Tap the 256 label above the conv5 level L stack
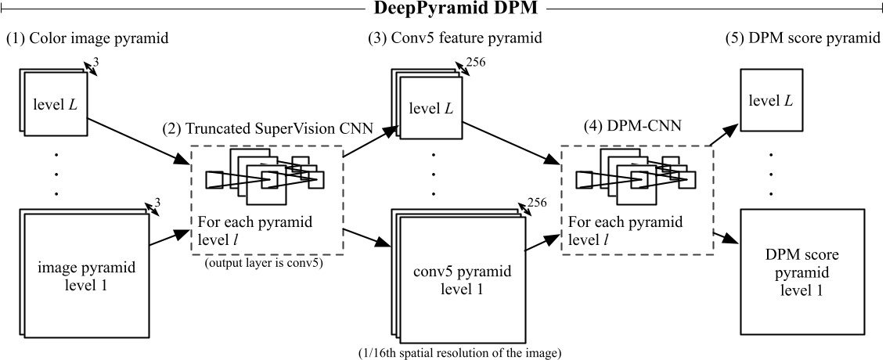[x=476, y=63]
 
